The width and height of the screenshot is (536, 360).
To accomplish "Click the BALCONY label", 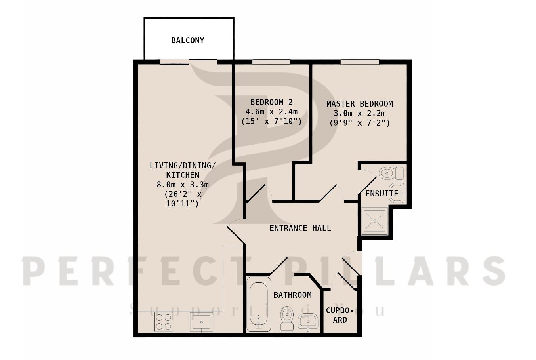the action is pos(188,40).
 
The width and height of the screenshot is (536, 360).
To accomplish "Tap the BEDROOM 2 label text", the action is pos(271,103).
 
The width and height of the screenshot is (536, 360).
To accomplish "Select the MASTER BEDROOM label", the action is pos(360,104).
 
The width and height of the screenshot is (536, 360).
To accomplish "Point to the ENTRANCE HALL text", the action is pos(300,228).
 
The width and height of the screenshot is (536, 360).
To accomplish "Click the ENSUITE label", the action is pos(381,194).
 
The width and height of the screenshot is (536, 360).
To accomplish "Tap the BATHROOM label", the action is pos(292,295).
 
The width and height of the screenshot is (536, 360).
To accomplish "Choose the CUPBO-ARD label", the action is pos(340,315).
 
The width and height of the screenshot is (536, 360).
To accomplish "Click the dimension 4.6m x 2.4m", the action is pos(271,112).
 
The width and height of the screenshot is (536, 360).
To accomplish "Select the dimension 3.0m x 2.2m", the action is pos(360,113).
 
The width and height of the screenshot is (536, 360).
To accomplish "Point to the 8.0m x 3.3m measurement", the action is pos(183,185).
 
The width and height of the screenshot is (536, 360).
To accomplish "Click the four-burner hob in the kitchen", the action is pos(164,322).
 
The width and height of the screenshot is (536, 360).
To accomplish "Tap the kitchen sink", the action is pos(202,322).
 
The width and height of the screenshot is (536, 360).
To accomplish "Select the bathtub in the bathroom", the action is pos(259,304).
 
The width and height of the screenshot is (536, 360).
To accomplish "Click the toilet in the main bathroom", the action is pos(287,318).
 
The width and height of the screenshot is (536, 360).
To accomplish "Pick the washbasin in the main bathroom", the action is pos(308,322).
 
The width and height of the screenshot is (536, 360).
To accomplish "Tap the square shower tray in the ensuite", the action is pos(374,221).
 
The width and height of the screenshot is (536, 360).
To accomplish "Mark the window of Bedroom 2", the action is pos(271,62).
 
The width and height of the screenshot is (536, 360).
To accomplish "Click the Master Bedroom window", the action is pos(360,62).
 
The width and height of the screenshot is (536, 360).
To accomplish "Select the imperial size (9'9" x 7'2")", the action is pos(360,123).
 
